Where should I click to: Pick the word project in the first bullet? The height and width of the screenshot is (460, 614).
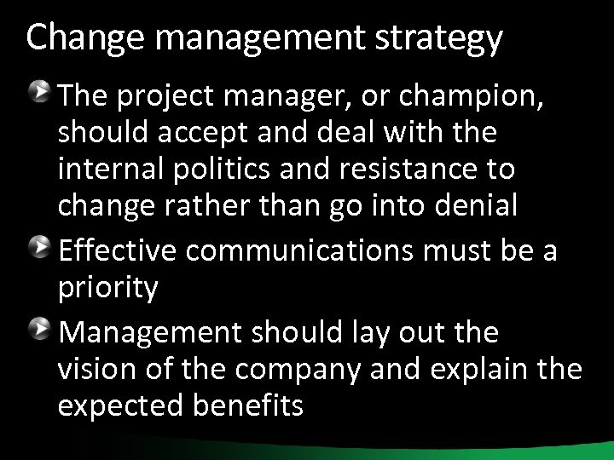pos(159,98)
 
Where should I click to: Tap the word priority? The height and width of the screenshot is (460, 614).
pos(108,290)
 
